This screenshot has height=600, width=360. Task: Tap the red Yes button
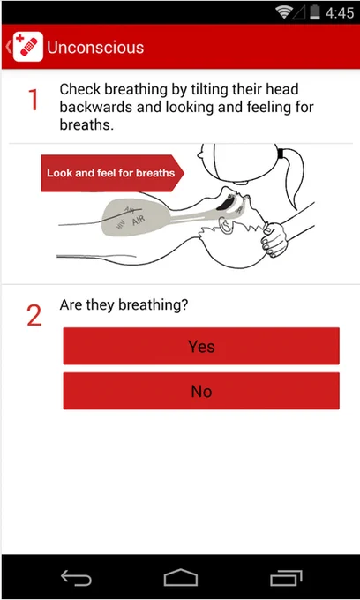[x=201, y=346]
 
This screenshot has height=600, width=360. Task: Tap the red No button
[x=201, y=391]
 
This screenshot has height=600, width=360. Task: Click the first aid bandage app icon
[x=28, y=47]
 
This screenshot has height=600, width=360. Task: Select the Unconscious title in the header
[x=95, y=48]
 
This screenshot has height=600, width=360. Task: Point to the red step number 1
[x=34, y=100]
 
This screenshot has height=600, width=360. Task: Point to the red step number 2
[x=34, y=316]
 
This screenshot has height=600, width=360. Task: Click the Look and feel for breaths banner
[x=112, y=173]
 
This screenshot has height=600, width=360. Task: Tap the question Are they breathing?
[x=124, y=305]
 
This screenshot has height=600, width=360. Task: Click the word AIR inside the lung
[x=139, y=221]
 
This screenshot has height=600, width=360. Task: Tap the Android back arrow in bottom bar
[x=76, y=577]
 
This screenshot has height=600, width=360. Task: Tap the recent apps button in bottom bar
[x=286, y=578]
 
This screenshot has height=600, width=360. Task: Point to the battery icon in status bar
[x=315, y=12]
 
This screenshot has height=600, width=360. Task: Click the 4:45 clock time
[x=340, y=13]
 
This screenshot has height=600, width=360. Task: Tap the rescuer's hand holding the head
[x=274, y=239]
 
